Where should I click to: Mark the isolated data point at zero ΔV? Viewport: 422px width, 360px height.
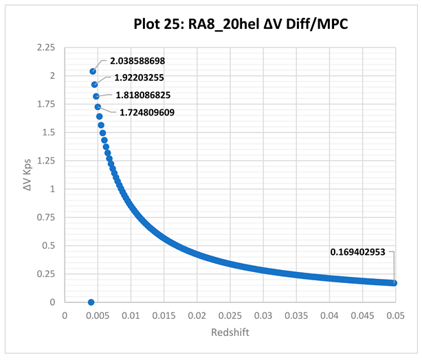coord(91,302)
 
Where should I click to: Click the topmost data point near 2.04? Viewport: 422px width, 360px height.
coord(93,71)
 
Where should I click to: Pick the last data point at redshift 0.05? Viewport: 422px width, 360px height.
coord(395,283)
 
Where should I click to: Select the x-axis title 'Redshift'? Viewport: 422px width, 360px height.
coord(230,333)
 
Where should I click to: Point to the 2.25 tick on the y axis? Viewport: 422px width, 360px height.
coord(46,47)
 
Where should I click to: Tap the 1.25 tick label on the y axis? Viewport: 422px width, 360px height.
coord(46,161)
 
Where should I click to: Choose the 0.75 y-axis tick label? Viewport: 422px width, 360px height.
coord(46,217)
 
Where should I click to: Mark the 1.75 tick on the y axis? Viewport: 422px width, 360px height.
coord(46,104)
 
